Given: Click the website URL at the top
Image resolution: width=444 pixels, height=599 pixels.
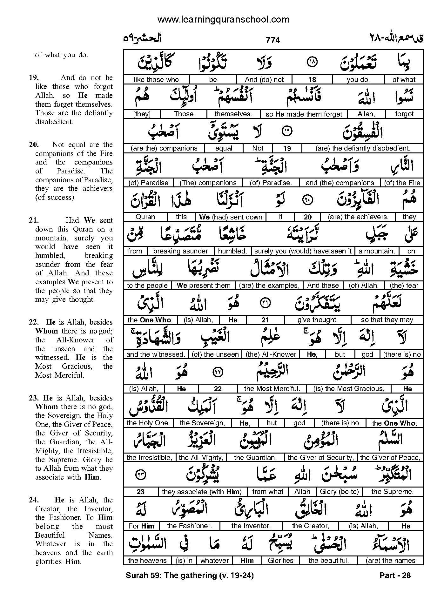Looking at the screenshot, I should pyautogui.click(x=224, y=20).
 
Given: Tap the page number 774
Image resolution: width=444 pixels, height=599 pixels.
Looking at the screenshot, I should pyautogui.click(x=273, y=40).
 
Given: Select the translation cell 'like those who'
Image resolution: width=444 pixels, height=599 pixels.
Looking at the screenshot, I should pyautogui.click(x=156, y=80).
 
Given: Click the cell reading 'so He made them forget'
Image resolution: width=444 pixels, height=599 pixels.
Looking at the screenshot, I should pyautogui.click(x=304, y=114).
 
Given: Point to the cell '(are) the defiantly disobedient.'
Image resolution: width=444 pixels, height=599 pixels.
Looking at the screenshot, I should pyautogui.click(x=363, y=148).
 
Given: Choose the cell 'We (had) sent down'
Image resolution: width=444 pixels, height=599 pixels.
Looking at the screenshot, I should pyautogui.click(x=231, y=217).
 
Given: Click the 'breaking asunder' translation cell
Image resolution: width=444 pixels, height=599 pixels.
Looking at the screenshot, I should pyautogui.click(x=180, y=251).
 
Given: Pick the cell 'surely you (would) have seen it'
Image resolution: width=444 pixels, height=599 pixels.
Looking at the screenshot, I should pyautogui.click(x=303, y=251).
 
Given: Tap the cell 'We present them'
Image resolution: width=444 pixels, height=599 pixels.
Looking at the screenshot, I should pyautogui.click(x=204, y=286).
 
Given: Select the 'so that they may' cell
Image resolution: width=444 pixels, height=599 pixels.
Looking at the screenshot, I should pyautogui.click(x=387, y=320).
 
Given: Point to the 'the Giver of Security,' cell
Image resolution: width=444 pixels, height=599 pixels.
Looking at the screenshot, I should pyautogui.click(x=320, y=458).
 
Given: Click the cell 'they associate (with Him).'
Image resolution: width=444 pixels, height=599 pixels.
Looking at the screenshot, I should pyautogui.click(x=203, y=492).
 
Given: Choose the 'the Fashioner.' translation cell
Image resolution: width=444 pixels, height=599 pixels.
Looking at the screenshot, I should pyautogui.click(x=189, y=526).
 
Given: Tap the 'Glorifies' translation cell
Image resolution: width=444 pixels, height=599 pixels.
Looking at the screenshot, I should pyautogui.click(x=280, y=561).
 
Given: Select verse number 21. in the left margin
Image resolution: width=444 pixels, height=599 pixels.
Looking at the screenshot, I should pyautogui.click(x=34, y=220).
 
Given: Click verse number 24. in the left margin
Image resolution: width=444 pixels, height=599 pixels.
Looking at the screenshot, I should pyautogui.click(x=34, y=500).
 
